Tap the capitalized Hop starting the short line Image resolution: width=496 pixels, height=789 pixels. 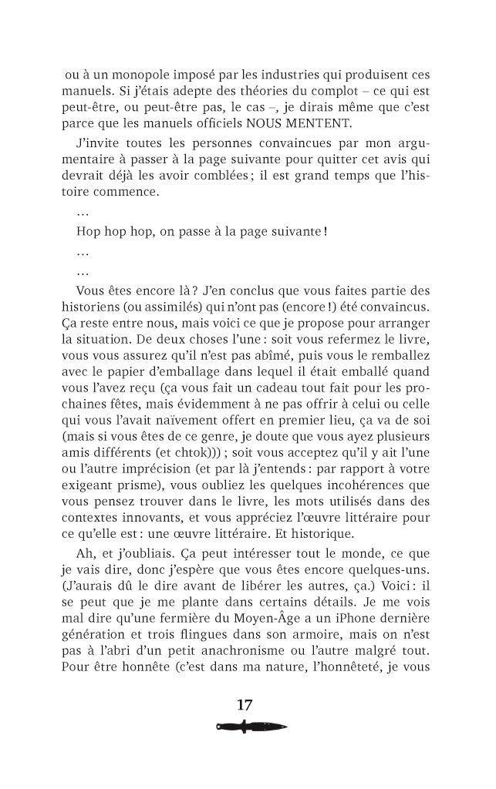[89, 231]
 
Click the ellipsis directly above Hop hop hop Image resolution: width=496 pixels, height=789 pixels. [83, 211]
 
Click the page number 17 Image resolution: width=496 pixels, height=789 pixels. [245, 704]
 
